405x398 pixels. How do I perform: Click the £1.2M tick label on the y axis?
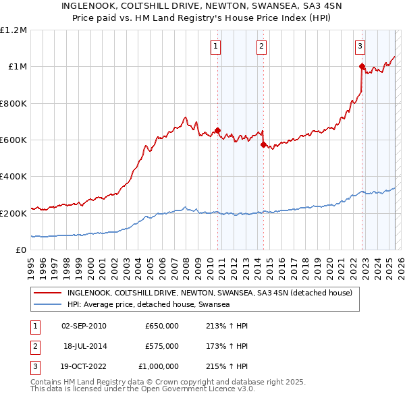click(x=13, y=30)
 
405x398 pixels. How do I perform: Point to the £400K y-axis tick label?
click(x=13, y=176)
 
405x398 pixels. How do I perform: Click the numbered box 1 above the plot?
click(x=215, y=47)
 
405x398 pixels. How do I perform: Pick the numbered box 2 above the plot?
click(x=261, y=47)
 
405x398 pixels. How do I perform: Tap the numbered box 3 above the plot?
click(x=360, y=47)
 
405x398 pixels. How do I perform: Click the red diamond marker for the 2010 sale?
click(x=217, y=130)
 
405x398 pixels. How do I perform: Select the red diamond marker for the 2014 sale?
click(x=263, y=144)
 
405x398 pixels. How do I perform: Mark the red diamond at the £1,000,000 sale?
click(x=362, y=66)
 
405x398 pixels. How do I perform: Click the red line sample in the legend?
click(x=48, y=293)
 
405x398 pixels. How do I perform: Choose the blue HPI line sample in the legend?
click(x=48, y=305)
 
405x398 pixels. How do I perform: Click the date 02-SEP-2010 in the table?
click(x=84, y=325)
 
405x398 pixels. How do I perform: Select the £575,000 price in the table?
click(x=162, y=345)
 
